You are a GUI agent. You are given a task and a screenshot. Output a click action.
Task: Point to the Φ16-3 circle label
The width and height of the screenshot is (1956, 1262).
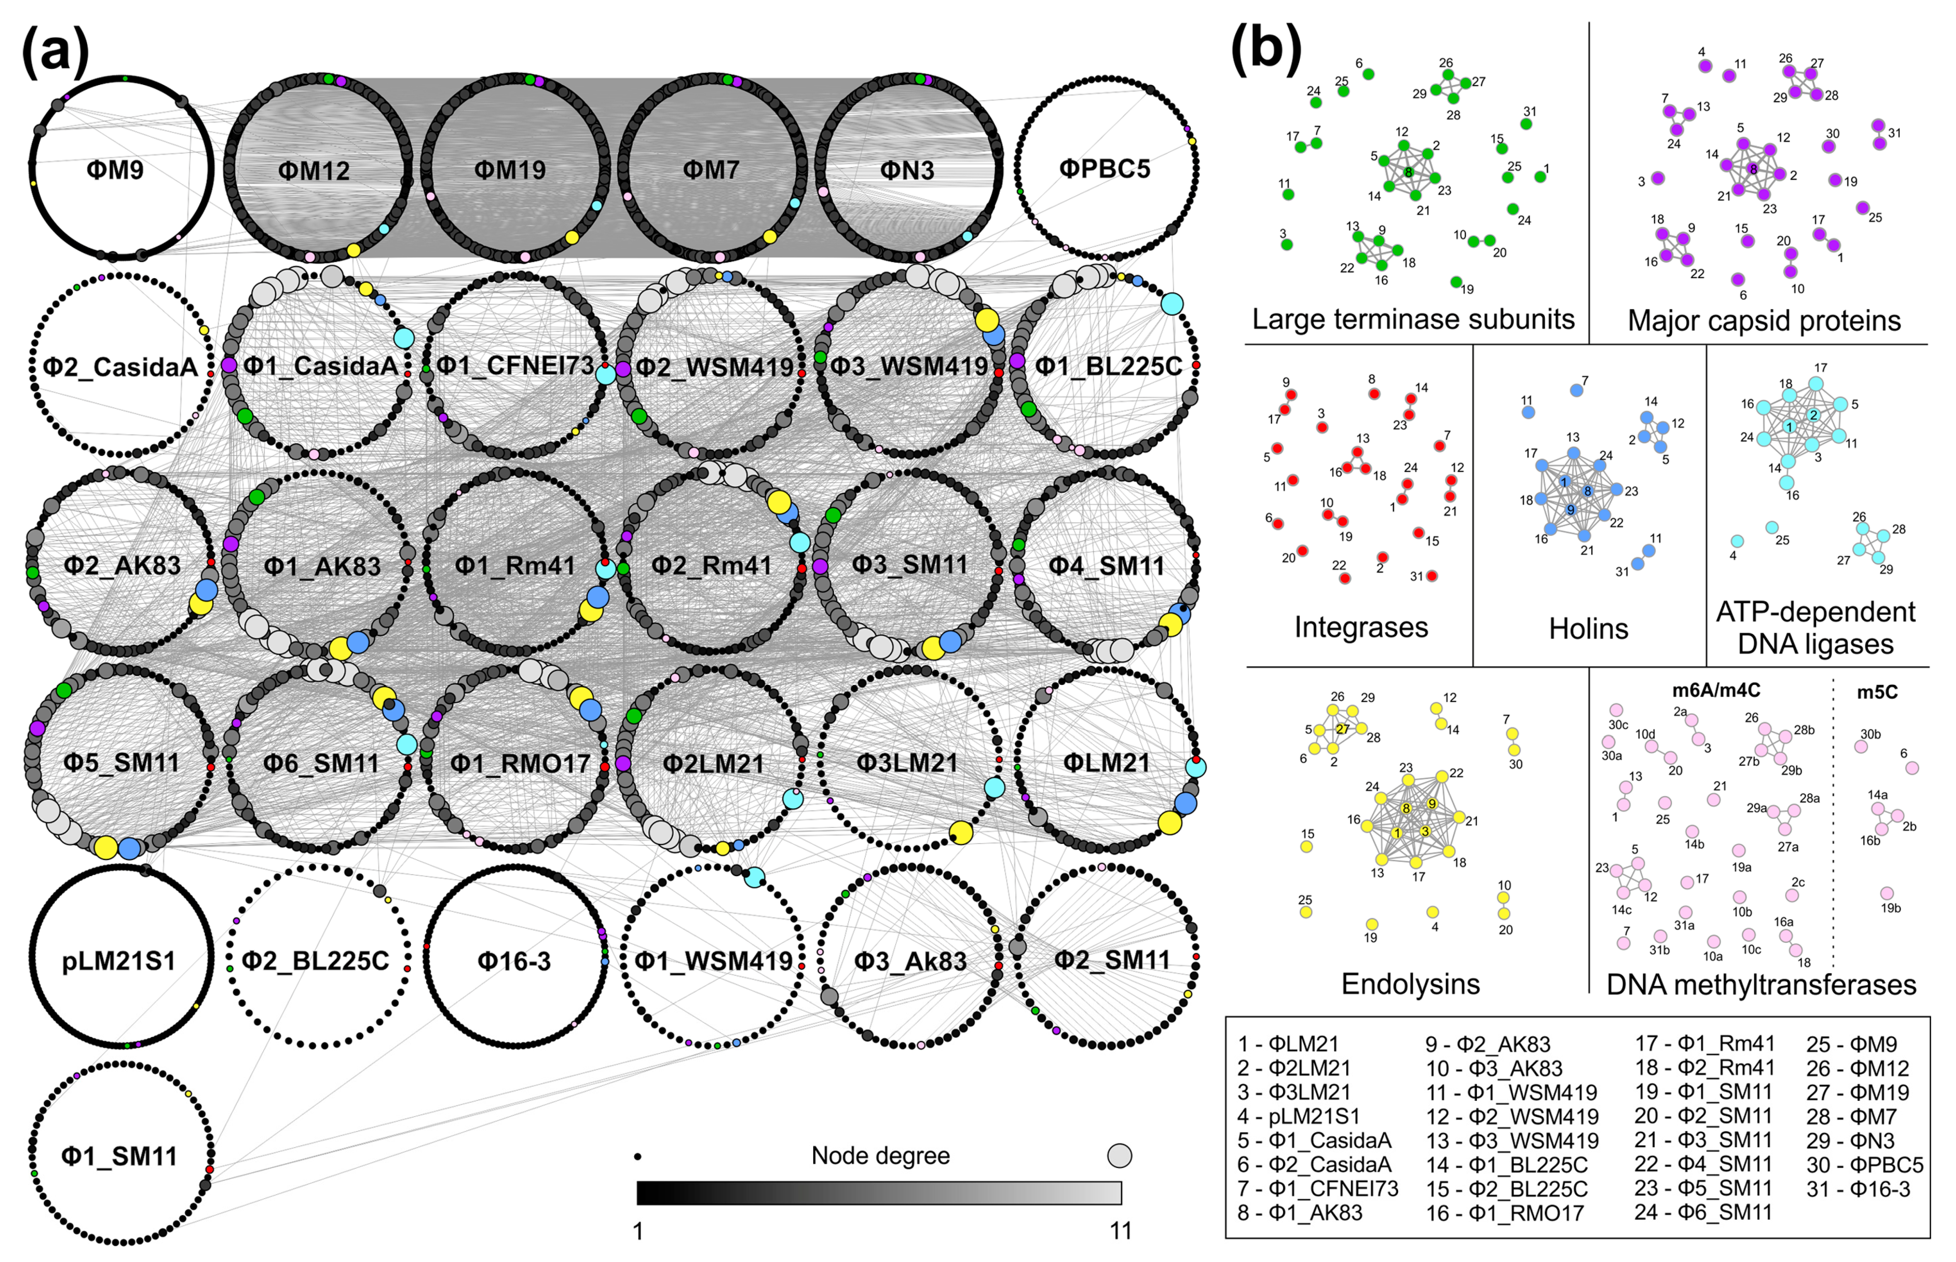[x=514, y=960]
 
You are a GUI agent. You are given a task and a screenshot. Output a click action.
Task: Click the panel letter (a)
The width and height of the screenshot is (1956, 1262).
[x=55, y=51]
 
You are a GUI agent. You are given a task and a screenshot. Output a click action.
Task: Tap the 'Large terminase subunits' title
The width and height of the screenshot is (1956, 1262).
[x=1413, y=319]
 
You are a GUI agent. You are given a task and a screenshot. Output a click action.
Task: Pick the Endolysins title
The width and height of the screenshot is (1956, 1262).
[x=1410, y=983]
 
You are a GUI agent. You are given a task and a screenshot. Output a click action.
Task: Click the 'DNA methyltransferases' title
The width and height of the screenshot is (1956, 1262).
[x=1761, y=984]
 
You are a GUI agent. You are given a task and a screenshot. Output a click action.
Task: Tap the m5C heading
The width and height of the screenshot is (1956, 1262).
[x=1876, y=693]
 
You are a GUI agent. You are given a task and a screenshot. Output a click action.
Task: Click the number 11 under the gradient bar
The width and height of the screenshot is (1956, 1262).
[x=1120, y=1231]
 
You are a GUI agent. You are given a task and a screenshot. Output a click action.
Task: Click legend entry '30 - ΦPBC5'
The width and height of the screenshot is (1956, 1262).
[x=1864, y=1165]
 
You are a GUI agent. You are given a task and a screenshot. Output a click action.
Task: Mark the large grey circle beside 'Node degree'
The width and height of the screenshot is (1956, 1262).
[x=1120, y=1155]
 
